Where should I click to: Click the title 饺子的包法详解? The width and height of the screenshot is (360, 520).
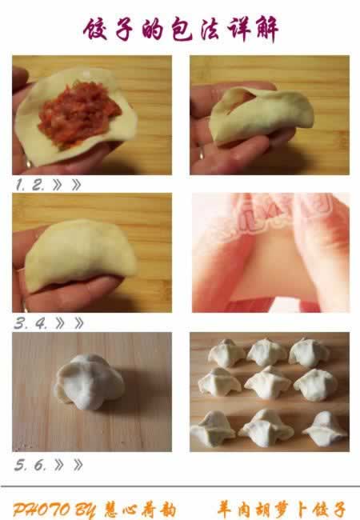pyautogui.click(x=181, y=30)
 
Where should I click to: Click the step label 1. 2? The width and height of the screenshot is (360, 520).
pyautogui.click(x=30, y=185)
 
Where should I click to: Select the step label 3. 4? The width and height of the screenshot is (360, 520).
pyautogui.click(x=30, y=323)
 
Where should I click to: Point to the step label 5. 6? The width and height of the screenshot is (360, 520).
pyautogui.click(x=30, y=464)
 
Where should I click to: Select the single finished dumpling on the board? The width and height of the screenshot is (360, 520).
pyautogui.click(x=89, y=382)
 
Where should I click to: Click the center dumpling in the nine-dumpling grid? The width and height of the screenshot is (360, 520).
pyautogui.click(x=267, y=382)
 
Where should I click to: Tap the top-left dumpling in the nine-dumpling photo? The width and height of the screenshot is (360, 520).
pyautogui.click(x=226, y=353)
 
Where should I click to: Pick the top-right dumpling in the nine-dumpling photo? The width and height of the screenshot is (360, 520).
pyautogui.click(x=309, y=352)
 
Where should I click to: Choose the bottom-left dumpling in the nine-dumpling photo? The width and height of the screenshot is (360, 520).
pyautogui.click(x=213, y=428)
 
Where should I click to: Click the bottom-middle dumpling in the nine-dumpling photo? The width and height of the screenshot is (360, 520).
pyautogui.click(x=266, y=428)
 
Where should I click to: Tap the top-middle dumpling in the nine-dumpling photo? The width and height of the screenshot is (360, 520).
pyautogui.click(x=266, y=352)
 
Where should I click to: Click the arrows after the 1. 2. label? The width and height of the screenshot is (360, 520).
pyautogui.click(x=67, y=185)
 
